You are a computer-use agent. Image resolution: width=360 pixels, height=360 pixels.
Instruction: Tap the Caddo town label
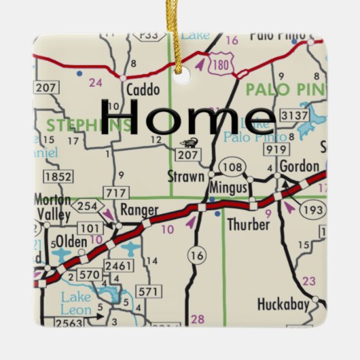(143, 90)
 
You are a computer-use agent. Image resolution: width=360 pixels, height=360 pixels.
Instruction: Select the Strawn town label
(185, 177)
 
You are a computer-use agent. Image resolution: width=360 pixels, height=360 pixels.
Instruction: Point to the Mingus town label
(228, 184)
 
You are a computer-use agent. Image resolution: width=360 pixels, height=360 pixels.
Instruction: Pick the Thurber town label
(249, 223)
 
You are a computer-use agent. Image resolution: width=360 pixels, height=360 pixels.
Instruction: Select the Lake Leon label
(76, 302)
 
